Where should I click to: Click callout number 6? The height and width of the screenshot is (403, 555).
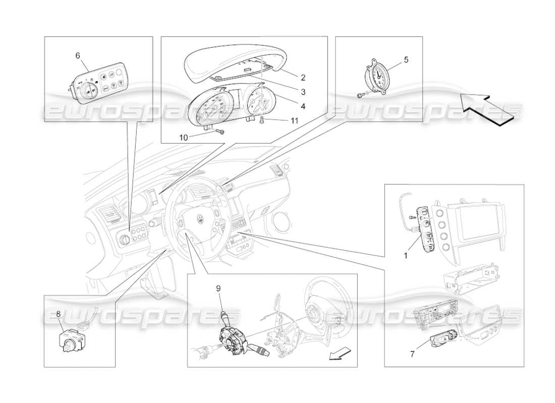coord(78,55)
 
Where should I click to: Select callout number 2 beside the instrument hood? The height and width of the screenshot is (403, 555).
coord(303,78)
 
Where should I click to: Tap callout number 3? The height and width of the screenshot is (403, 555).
coord(303,92)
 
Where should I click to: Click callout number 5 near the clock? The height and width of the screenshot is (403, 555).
coord(406,59)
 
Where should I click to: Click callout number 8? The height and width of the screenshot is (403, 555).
coord(59,313)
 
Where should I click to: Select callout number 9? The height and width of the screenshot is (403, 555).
coord(218,288)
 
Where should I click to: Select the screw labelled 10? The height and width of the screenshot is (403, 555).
coord(220,131)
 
